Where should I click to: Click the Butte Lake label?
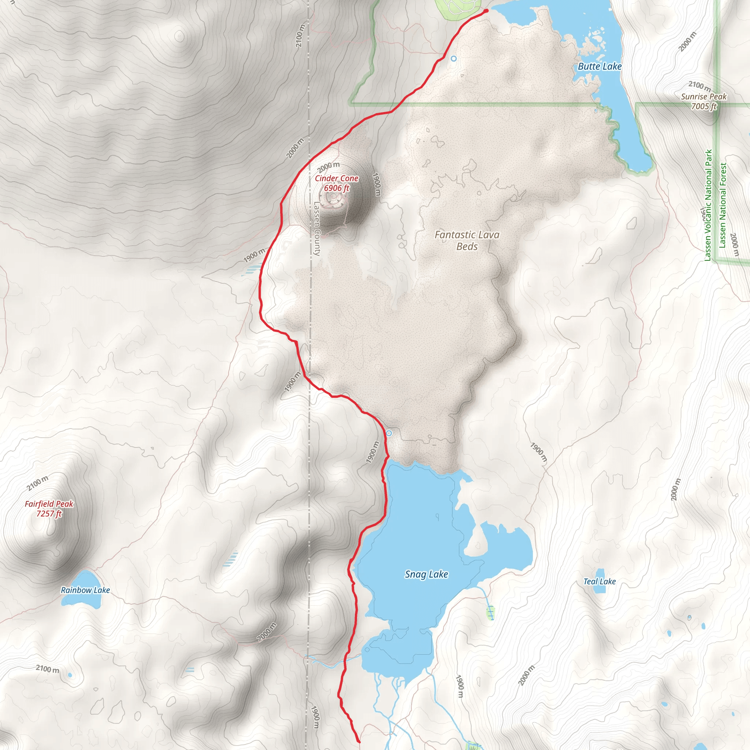[599, 66]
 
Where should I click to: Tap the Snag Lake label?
[426, 574]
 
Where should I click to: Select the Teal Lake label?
[599, 581]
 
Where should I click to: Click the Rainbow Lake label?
[85, 590]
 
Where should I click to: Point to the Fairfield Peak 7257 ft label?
[49, 509]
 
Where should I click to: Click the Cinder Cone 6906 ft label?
[336, 183]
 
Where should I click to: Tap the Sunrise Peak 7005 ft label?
[703, 101]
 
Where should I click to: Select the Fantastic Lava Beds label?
[467, 240]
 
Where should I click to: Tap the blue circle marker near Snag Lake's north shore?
[389, 433]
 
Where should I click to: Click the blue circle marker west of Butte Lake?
[453, 59]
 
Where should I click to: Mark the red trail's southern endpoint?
[359, 742]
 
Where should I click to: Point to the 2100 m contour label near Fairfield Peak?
[38, 483]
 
